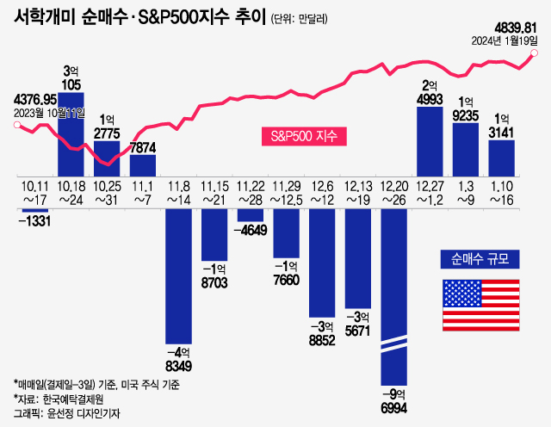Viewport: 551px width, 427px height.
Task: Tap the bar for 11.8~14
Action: (x=178, y=276)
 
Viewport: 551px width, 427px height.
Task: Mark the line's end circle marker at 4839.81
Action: (x=535, y=53)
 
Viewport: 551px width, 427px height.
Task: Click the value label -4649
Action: (x=251, y=230)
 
